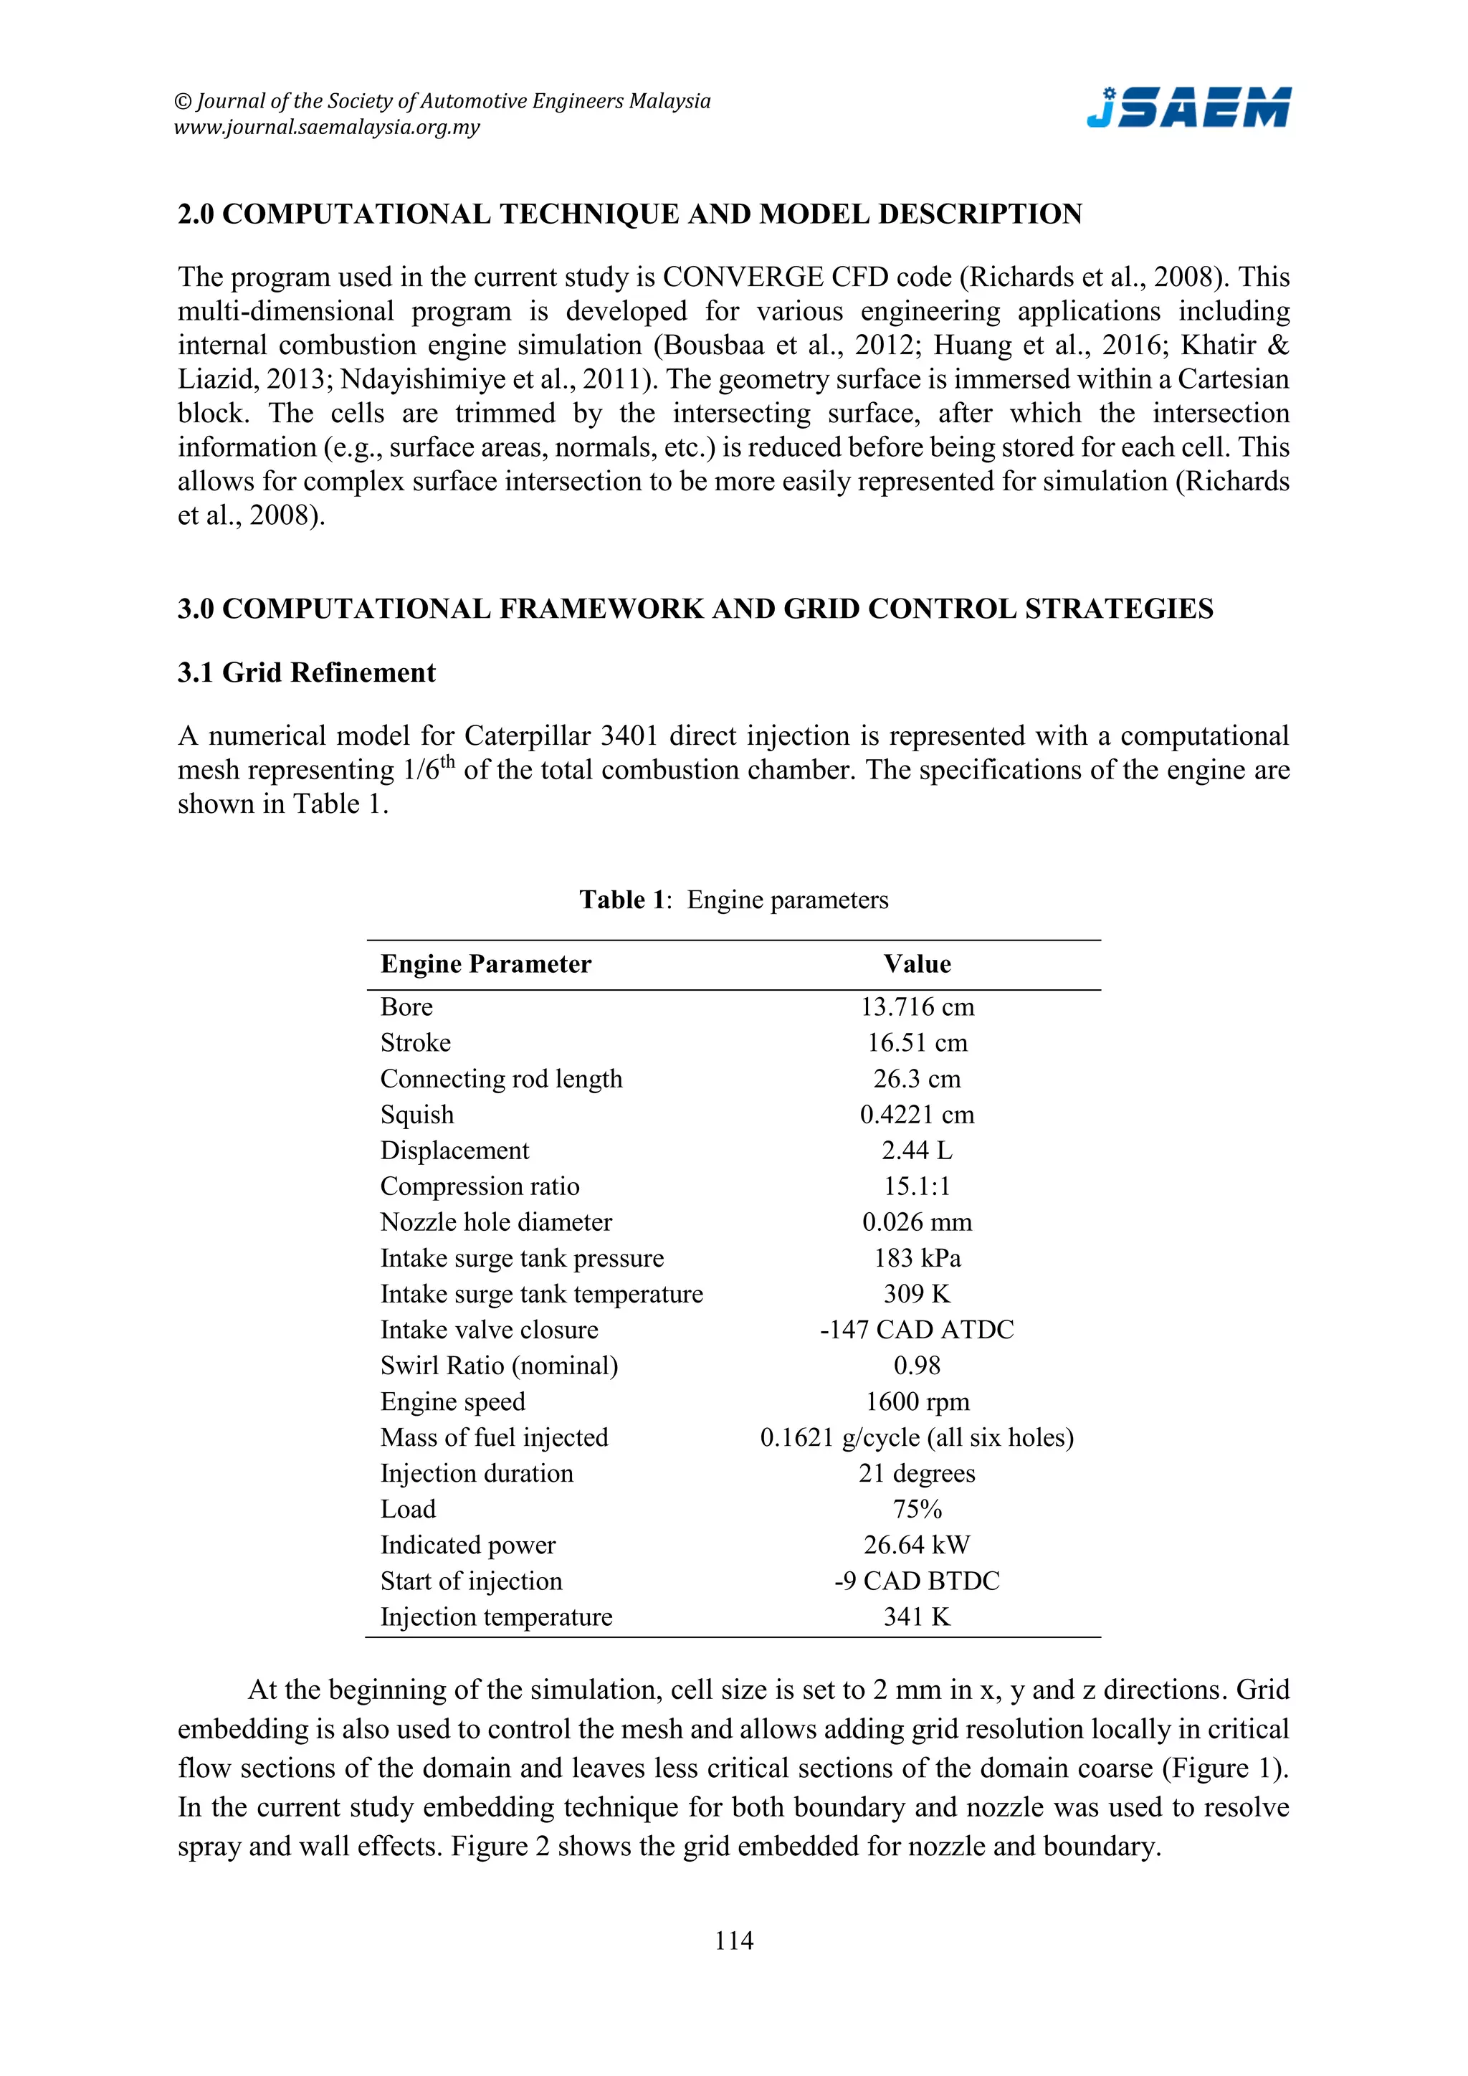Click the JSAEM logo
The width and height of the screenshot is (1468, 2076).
click(1188, 108)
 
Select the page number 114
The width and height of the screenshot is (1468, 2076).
click(733, 1940)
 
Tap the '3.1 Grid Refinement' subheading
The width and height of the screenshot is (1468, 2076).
click(307, 672)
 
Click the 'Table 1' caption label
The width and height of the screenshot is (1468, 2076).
click(623, 900)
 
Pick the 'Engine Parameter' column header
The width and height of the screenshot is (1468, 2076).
click(485, 964)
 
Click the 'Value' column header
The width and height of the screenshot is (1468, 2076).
click(917, 964)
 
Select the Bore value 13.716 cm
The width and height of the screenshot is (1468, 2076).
click(917, 1006)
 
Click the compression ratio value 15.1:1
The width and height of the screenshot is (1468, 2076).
click(917, 1186)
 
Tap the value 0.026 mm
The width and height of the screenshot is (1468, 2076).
click(917, 1222)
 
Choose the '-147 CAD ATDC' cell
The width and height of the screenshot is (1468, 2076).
click(917, 1329)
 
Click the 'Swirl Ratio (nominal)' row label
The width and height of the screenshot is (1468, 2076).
click(499, 1366)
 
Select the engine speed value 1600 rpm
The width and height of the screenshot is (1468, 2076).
click(917, 1401)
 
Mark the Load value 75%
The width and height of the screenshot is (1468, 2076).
click(917, 1509)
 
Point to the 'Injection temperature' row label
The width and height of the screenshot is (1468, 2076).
click(496, 1616)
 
